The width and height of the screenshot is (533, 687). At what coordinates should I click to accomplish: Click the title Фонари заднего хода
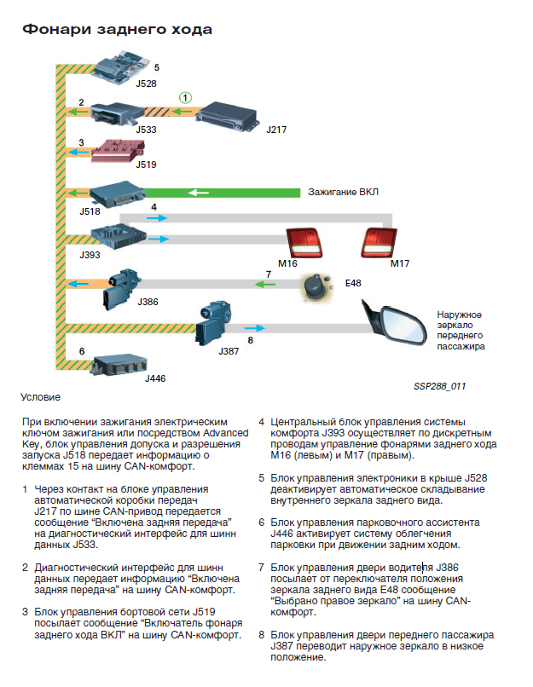click(116, 30)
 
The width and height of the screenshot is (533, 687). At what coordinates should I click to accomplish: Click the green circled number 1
click(187, 97)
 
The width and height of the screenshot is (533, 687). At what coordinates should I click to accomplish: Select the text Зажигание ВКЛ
click(343, 192)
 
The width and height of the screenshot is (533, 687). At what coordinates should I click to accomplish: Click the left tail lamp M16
click(303, 243)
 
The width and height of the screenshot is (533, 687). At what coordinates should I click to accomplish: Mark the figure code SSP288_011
click(439, 385)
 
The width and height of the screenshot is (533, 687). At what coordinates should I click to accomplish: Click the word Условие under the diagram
click(41, 396)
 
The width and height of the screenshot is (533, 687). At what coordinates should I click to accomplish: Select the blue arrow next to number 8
click(252, 327)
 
